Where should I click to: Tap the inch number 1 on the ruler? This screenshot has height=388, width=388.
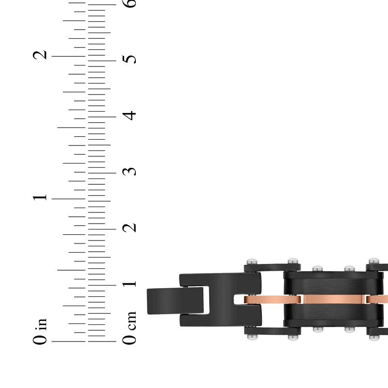(x=40, y=197)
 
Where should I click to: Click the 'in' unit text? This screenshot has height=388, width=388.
(x=41, y=324)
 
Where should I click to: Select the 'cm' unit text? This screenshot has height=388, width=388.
(x=130, y=321)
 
